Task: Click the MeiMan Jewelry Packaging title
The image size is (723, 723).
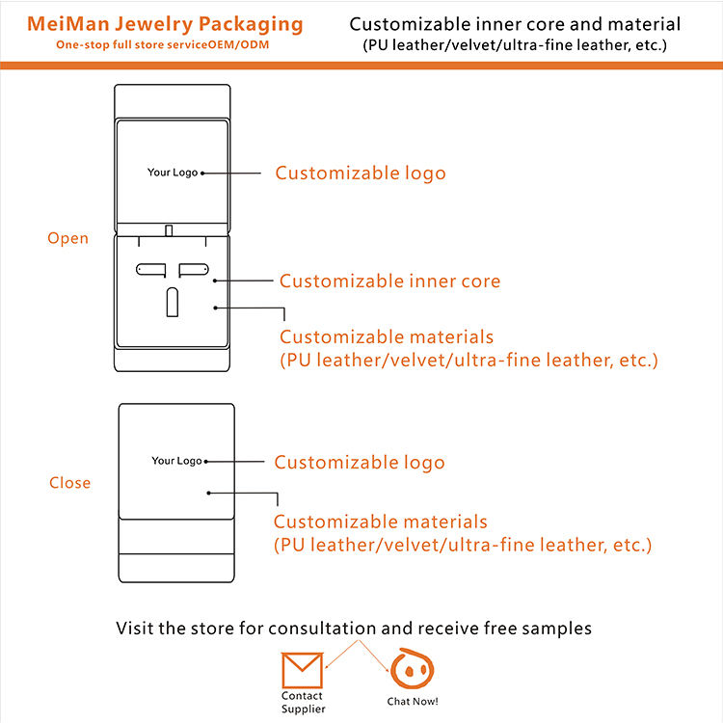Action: (x=165, y=24)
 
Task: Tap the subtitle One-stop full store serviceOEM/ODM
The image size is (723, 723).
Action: (x=162, y=44)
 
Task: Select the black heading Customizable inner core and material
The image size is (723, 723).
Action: (x=515, y=24)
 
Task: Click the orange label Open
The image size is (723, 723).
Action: (x=67, y=238)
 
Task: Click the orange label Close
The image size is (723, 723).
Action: (x=70, y=482)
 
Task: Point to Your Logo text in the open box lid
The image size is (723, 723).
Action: (x=173, y=173)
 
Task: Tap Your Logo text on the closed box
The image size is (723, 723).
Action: (x=176, y=461)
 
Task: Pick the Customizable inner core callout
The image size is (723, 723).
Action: (x=389, y=281)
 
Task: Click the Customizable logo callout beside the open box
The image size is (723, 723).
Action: (x=361, y=173)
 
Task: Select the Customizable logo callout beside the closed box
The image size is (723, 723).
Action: (x=360, y=462)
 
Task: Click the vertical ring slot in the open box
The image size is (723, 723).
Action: (x=172, y=302)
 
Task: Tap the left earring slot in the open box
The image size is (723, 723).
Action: (x=150, y=270)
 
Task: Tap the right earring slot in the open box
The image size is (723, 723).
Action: (x=194, y=270)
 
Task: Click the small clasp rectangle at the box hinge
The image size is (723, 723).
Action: (x=169, y=230)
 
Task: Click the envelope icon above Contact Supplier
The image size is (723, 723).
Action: (x=302, y=670)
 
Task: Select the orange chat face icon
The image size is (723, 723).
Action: (x=412, y=669)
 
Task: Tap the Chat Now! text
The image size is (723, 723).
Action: (x=413, y=702)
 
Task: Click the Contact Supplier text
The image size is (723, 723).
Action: (x=303, y=702)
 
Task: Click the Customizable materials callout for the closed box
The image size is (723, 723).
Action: (x=463, y=533)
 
